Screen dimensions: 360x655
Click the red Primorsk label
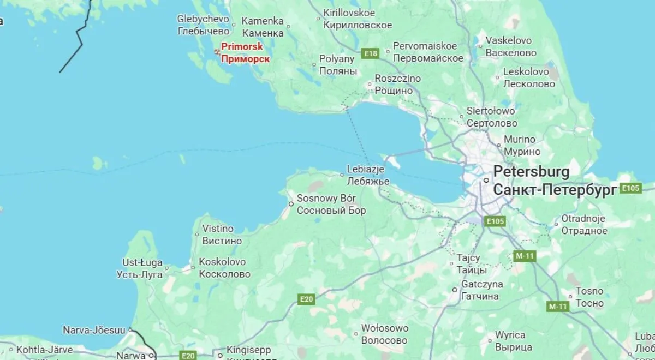(242, 47)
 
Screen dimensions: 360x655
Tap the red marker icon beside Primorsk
(217, 52)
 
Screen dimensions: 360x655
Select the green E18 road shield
(371, 53)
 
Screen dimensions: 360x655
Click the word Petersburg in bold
(531, 172)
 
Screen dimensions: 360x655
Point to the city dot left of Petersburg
(485, 180)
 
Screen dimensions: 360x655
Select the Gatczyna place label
(482, 285)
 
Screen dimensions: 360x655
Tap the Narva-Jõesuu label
(94, 331)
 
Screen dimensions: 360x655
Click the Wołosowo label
(384, 328)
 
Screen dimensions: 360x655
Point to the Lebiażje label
(366, 170)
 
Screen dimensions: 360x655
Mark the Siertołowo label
(491, 111)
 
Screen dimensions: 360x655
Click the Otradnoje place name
(583, 219)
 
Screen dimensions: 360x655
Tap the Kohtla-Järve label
(41, 350)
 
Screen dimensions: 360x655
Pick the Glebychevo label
(203, 19)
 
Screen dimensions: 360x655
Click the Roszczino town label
(397, 79)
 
